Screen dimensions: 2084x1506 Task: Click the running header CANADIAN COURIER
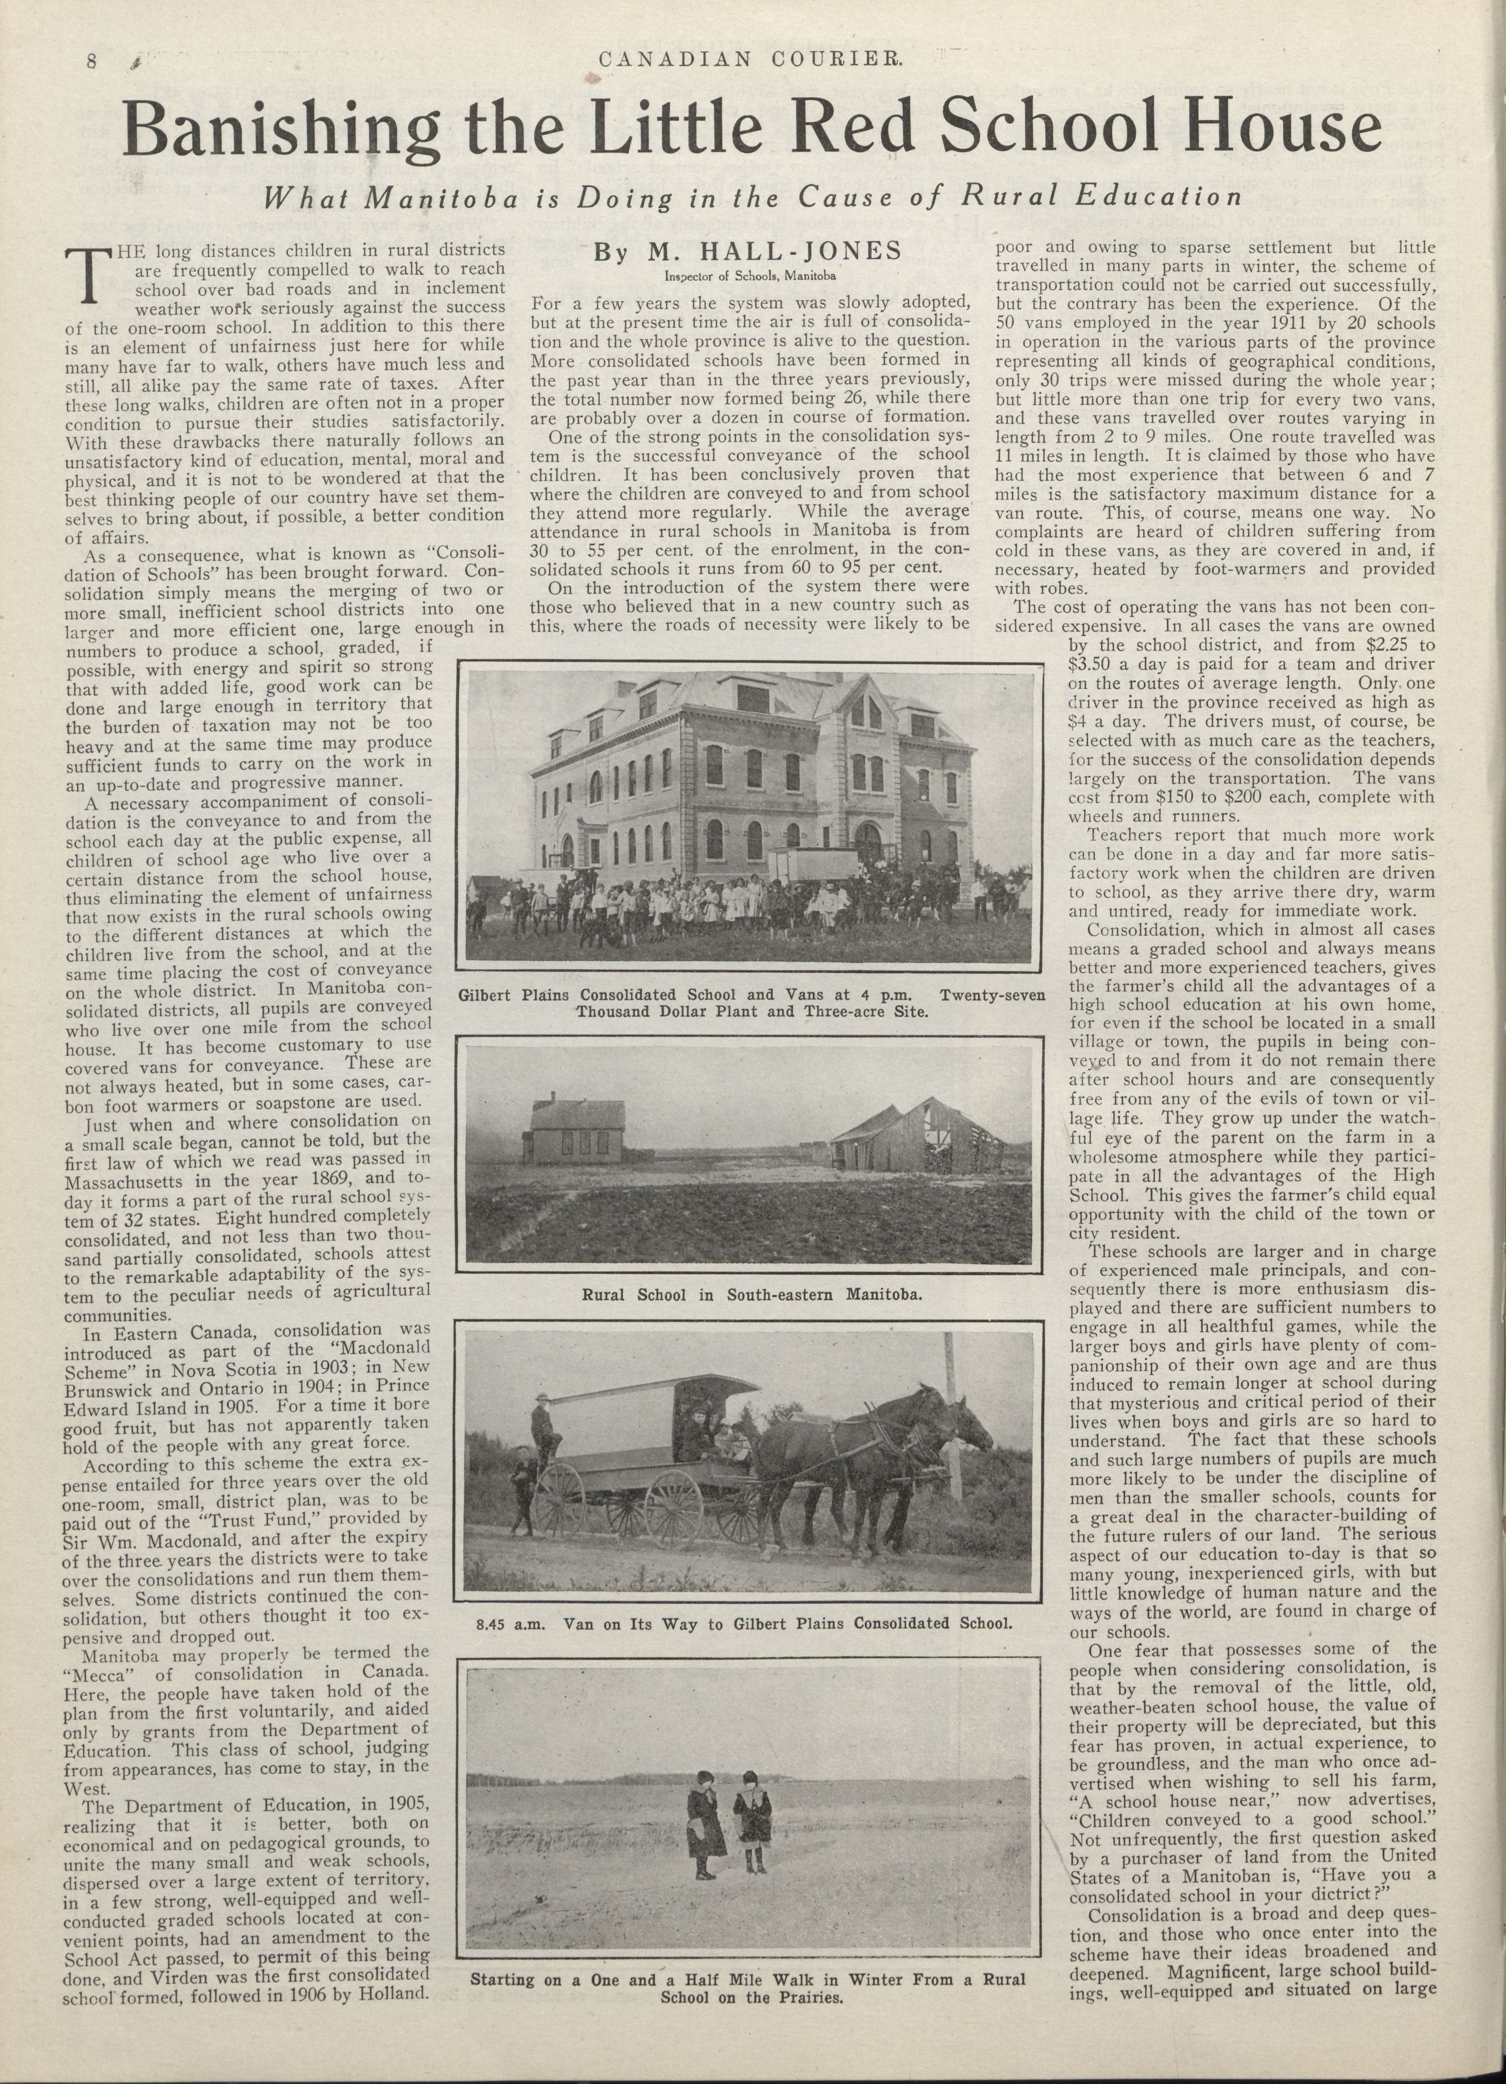tap(753, 61)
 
